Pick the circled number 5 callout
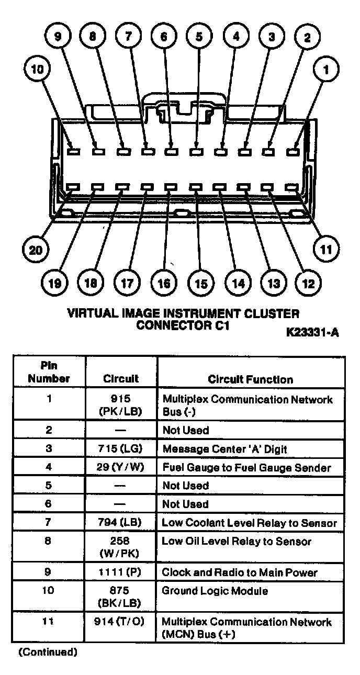tap(199, 37)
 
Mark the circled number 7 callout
tap(128, 37)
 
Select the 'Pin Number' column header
tap(49, 372)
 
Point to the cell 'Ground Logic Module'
tap(215, 591)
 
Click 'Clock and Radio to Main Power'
tap(240, 572)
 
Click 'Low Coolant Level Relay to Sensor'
tap(249, 522)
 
